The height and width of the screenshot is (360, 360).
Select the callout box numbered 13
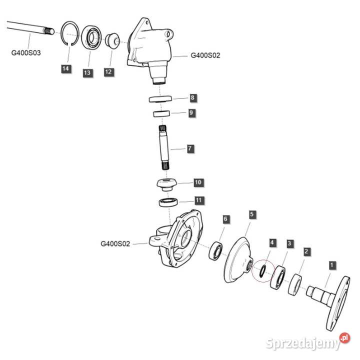click(x=87, y=73)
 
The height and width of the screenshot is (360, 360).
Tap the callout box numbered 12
click(x=108, y=72)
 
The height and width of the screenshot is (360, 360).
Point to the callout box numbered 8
click(x=192, y=97)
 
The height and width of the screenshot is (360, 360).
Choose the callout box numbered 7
click(x=190, y=148)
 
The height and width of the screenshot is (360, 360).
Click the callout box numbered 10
click(x=197, y=182)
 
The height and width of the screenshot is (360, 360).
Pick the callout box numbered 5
click(x=252, y=214)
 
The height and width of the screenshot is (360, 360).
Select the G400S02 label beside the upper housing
click(x=205, y=56)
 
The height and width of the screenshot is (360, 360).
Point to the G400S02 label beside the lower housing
click(x=115, y=244)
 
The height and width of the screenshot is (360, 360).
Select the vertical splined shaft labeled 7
click(x=165, y=148)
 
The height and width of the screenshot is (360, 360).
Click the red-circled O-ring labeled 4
click(x=260, y=270)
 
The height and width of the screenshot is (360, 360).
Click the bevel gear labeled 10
click(x=166, y=184)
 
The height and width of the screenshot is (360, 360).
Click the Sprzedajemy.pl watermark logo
click(x=307, y=342)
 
